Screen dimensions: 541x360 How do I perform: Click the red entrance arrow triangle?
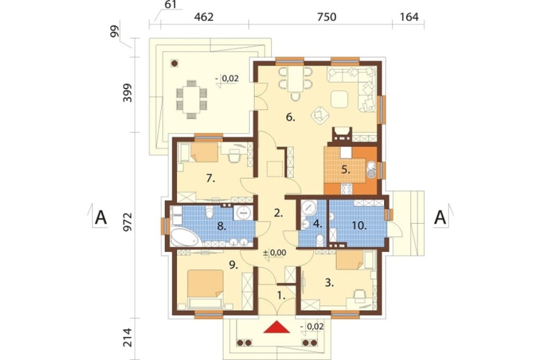276,327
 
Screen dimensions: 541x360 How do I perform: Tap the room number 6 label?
291,118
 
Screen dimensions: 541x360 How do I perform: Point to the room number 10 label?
360,225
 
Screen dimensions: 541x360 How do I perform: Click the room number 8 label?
221,226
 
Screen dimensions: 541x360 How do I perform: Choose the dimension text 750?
326,17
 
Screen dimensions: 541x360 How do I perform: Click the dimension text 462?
203,17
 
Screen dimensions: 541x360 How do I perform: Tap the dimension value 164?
410,17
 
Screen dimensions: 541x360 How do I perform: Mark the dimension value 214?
128,338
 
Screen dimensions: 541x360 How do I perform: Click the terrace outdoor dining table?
192,99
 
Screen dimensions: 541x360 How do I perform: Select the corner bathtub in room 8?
184,237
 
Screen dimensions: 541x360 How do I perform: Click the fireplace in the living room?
342,135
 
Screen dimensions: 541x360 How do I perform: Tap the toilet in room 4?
320,240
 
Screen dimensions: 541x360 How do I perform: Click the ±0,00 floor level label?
274,252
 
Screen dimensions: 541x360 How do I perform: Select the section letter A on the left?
101,217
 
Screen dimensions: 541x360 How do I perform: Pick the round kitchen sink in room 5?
371,170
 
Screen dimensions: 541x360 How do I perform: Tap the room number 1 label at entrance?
281,295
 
